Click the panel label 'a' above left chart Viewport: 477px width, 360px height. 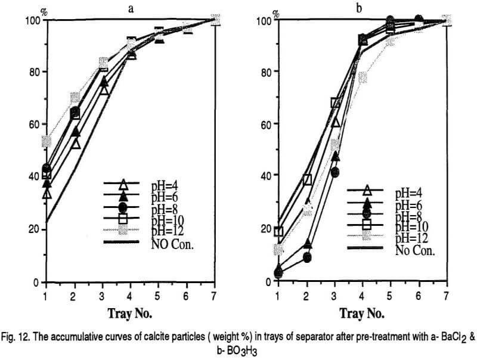[x=138, y=8]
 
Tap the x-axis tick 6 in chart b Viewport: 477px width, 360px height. [x=419, y=295]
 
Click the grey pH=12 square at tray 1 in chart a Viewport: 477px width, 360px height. [x=47, y=141]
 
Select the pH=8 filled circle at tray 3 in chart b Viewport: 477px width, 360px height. [x=334, y=172]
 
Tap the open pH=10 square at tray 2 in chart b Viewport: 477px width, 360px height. [x=308, y=179]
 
